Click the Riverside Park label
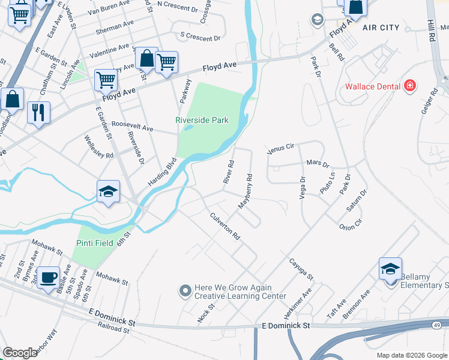[x=202, y=120]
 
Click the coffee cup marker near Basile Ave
[x=49, y=277]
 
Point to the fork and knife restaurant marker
[x=39, y=112]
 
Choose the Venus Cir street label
[x=282, y=146]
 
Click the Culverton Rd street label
[x=224, y=227]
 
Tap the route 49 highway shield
[x=436, y=325]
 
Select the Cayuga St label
[x=301, y=269]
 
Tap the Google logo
[x=20, y=353]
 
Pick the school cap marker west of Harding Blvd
[x=108, y=191]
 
